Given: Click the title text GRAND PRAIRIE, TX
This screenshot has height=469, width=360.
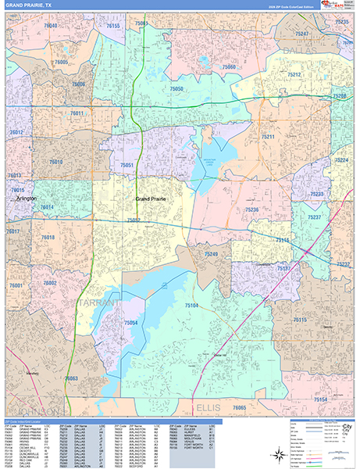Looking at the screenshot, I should coord(29,5).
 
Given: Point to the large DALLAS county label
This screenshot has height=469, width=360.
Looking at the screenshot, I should coord(309,48).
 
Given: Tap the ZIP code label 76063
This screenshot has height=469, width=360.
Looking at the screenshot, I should coord(71,378).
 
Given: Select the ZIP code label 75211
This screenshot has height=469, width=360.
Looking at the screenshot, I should coord(268,137).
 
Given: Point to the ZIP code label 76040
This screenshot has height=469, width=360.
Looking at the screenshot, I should coord(52,26).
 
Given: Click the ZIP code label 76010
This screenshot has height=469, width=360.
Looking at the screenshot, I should coord(55,162).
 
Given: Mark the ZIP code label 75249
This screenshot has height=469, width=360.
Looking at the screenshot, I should coord(212,254).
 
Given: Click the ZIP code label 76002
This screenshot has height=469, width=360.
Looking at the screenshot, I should coord(50,283).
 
